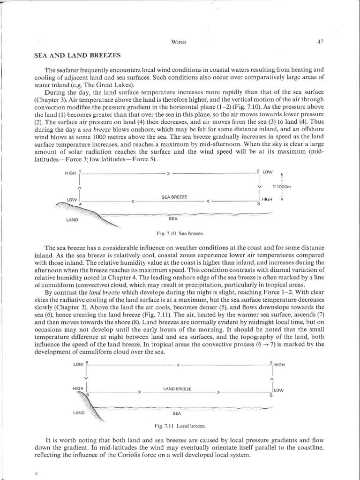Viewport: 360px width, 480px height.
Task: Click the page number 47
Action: coord(321,42)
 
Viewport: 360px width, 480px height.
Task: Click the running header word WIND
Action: coord(180,43)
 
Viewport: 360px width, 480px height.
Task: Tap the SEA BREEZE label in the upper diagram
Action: coord(174,197)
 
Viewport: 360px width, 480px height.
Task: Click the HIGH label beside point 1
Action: coord(71,173)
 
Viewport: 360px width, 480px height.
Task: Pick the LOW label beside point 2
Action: coord(267,172)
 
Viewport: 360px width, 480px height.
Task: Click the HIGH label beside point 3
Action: coord(267,199)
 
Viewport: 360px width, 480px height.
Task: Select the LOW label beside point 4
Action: coord(72,200)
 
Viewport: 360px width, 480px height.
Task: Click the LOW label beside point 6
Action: coord(278,390)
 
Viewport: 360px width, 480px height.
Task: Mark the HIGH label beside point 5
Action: coord(78,389)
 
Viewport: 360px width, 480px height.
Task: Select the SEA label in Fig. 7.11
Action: coord(177,414)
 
